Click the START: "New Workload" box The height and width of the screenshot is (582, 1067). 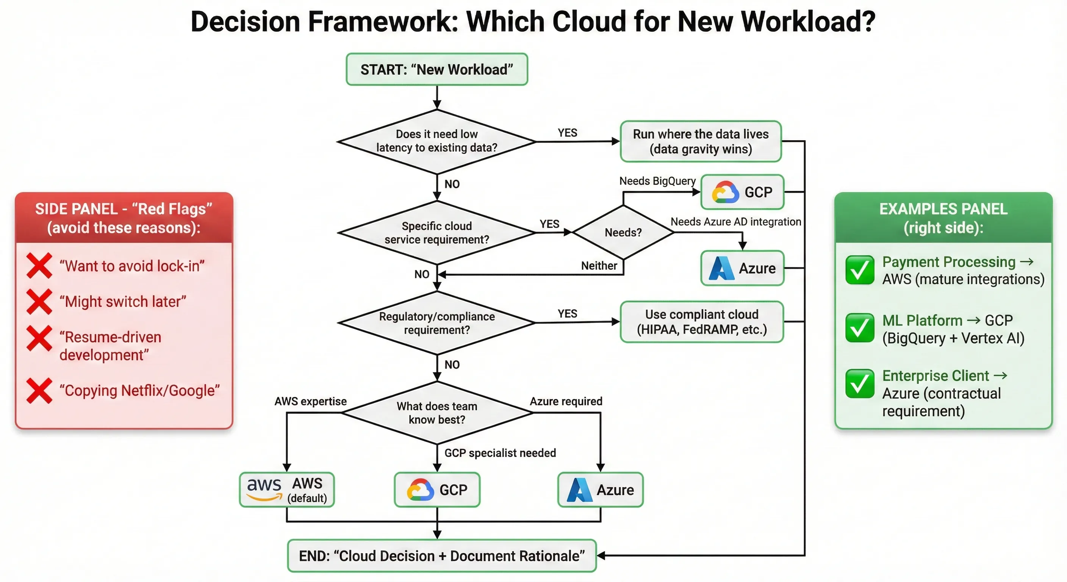436,70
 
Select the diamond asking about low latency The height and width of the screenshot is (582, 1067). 436,141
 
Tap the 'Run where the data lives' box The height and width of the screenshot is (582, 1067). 701,141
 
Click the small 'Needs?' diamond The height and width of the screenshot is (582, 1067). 623,232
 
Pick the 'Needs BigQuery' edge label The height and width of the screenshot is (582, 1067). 657,181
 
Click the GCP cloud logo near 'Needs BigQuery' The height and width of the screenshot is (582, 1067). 725,192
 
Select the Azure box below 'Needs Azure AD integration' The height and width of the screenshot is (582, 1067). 742,268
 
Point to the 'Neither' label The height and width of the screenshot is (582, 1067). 599,266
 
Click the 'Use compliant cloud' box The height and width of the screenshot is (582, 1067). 702,322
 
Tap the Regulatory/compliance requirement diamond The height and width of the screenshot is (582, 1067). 436,323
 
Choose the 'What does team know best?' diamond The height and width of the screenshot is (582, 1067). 436,413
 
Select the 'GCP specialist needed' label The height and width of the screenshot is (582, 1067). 500,453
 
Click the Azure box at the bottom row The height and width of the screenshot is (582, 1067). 600,490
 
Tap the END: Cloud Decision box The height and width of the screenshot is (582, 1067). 441,556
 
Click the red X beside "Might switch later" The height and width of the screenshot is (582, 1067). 39,302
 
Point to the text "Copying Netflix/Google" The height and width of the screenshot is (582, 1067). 139,391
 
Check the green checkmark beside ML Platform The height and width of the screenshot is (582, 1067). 859,328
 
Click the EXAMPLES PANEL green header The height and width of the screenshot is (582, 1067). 943,218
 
